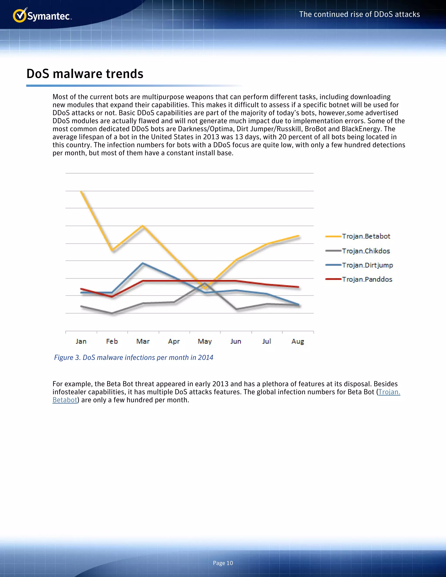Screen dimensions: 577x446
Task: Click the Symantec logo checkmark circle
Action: coord(19,16)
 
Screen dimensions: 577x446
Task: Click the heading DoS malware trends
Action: coord(85,74)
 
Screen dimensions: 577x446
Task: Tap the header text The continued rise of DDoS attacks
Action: coord(359,14)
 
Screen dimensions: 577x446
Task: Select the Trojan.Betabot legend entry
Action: coord(366,236)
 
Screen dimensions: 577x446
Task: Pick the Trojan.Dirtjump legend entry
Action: coord(367,265)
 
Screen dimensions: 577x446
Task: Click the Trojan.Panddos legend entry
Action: coord(367,279)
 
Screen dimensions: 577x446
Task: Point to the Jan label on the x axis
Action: coord(81,341)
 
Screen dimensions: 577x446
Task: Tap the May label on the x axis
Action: coord(205,341)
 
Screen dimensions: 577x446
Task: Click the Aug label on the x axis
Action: coord(298,341)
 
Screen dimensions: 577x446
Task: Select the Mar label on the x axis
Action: coord(143,341)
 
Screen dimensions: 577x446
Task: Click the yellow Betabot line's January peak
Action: coord(81,191)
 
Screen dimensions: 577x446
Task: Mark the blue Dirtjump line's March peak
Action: coord(143,263)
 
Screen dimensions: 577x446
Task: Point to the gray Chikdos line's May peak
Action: coord(205,283)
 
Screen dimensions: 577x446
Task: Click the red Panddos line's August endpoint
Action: coord(298,287)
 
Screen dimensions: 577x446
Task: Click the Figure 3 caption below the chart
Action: coord(134,358)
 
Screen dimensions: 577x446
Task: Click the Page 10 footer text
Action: coord(223,563)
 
